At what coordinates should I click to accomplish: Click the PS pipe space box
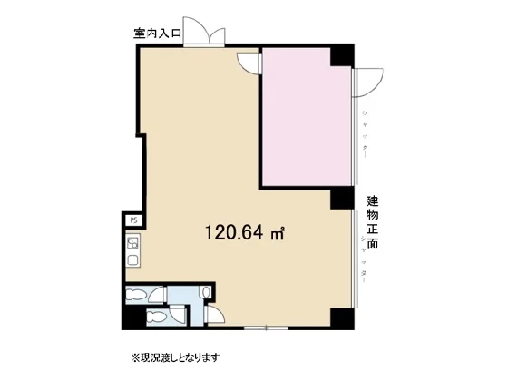click(x=132, y=220)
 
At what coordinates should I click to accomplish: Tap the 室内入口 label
click(x=158, y=35)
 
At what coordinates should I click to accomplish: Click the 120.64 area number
click(x=234, y=233)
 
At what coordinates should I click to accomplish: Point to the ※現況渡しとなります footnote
click(x=175, y=357)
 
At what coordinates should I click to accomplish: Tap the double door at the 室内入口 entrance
click(x=203, y=31)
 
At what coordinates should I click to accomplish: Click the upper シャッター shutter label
click(x=365, y=132)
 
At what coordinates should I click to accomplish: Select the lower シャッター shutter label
click(x=365, y=259)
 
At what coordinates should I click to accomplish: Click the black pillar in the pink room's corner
click(x=339, y=54)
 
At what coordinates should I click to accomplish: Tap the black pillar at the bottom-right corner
click(x=339, y=317)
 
